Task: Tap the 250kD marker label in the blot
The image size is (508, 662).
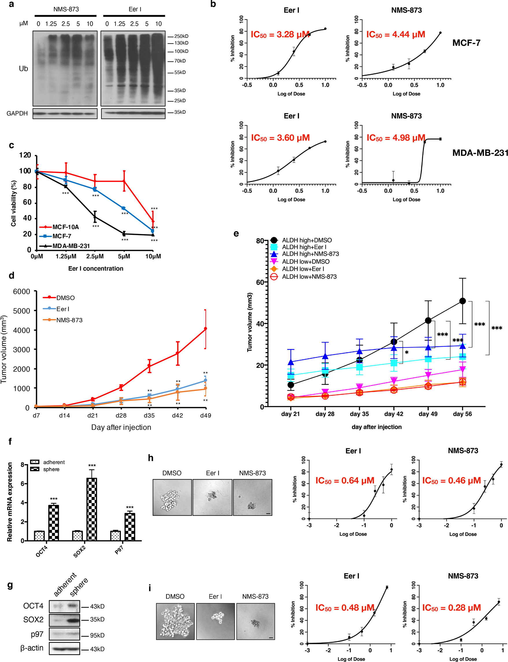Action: click(x=181, y=36)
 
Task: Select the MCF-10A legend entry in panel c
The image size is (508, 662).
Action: click(x=65, y=227)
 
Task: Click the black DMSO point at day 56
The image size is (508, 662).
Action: click(x=462, y=301)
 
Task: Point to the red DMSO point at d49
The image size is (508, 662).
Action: click(x=206, y=329)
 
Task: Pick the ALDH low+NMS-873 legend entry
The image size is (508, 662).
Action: click(x=309, y=276)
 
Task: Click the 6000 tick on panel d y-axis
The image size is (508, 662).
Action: click(x=21, y=292)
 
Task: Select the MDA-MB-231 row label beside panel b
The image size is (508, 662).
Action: click(x=480, y=153)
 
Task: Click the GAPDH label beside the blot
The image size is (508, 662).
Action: click(x=17, y=113)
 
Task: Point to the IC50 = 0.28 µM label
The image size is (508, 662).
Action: click(x=451, y=608)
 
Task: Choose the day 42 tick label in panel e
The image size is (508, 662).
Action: click(x=394, y=414)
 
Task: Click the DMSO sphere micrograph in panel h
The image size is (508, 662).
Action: click(x=172, y=497)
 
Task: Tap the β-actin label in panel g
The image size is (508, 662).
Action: click(x=32, y=648)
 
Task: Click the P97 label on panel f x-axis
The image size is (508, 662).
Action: click(x=119, y=549)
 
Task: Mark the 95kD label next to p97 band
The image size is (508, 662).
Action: click(x=97, y=635)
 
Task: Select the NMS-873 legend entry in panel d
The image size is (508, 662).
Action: click(x=69, y=320)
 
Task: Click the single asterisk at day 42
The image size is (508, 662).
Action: click(x=407, y=353)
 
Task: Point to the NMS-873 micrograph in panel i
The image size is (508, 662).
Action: click(x=256, y=622)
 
